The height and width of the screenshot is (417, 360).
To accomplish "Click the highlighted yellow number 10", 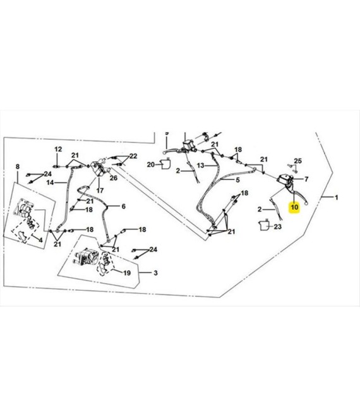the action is coord(294,207).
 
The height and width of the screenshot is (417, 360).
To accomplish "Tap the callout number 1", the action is coord(337,198).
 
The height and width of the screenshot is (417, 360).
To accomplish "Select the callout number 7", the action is coord(306,179).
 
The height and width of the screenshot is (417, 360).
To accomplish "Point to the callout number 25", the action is coord(297,160).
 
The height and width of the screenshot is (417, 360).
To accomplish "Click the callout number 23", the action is coord(277,227).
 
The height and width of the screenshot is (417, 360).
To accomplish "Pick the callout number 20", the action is coord(151,165).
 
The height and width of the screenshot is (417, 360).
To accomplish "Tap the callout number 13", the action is coord(200,166).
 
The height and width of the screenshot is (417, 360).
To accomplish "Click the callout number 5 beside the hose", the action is coord(237,180).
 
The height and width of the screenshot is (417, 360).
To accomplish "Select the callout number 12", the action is coord(58,149).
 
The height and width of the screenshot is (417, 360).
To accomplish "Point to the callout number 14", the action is coord(50,183).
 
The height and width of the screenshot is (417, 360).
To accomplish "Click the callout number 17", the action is coord(100,190).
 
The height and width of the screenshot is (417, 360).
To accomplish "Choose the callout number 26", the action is coord(114,178).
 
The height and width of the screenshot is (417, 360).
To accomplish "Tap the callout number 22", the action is coord(133,156).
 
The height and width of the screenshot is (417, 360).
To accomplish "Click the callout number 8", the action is coord(18,167).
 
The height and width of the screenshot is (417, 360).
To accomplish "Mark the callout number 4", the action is coord(40,240).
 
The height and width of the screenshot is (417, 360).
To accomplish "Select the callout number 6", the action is coord(123,207).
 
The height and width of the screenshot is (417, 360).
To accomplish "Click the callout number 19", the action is coord(127,273).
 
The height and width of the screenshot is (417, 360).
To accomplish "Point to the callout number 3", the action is coord(155,273).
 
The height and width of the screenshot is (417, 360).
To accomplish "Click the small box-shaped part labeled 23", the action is coord(264,226).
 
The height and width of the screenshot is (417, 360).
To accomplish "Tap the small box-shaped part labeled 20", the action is coord(165,164).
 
